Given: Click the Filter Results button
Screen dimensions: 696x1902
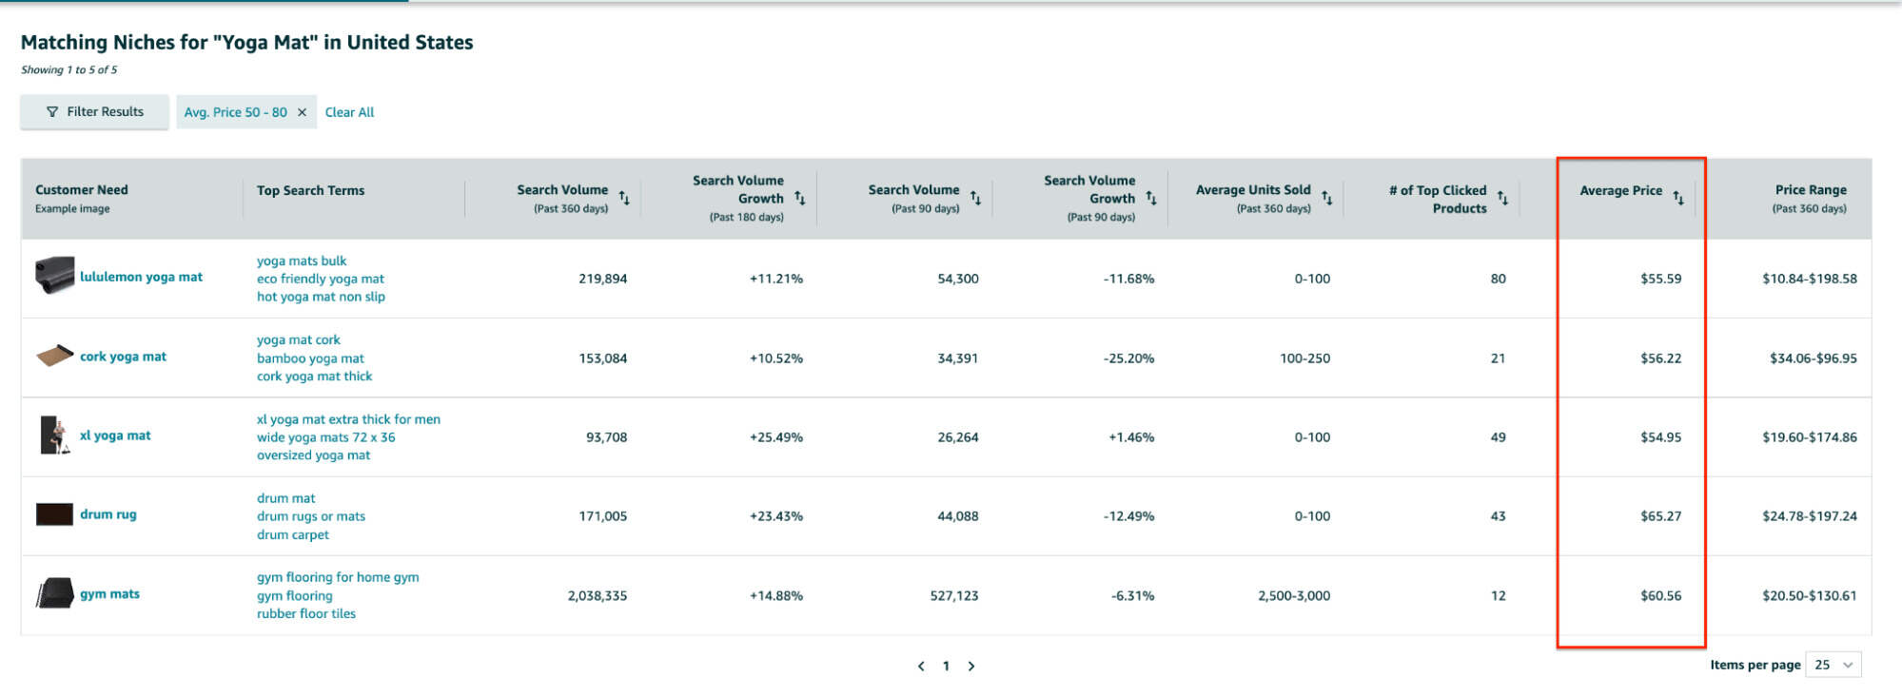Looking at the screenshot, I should (94, 112).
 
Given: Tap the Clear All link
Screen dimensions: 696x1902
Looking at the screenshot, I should (349, 112).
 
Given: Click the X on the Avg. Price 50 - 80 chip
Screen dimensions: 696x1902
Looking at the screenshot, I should (302, 112).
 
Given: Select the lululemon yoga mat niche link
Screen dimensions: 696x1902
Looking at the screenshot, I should (141, 277).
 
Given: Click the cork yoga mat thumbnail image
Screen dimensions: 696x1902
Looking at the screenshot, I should (54, 356).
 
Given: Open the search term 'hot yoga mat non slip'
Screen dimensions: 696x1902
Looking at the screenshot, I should (321, 297).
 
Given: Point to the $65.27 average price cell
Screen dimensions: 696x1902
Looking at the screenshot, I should (1660, 516).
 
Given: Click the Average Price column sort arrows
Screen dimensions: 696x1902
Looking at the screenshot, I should (1678, 197).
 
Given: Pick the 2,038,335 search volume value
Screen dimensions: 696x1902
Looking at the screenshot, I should (597, 596).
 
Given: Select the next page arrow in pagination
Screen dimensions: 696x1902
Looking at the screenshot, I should (971, 667).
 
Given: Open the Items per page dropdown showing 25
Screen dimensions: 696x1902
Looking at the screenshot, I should (1833, 666).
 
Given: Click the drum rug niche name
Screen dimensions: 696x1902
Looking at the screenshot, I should (108, 514).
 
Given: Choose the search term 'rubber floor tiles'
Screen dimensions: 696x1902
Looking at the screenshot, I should (305, 614).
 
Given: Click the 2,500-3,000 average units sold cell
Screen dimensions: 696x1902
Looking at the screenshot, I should (1293, 596).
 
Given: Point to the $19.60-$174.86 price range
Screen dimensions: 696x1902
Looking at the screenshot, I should (1809, 437).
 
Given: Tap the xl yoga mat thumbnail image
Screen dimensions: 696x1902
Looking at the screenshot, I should (54, 435).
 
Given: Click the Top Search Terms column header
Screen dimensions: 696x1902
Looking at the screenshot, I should (310, 190).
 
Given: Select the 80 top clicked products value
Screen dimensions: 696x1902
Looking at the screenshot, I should (1498, 279).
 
